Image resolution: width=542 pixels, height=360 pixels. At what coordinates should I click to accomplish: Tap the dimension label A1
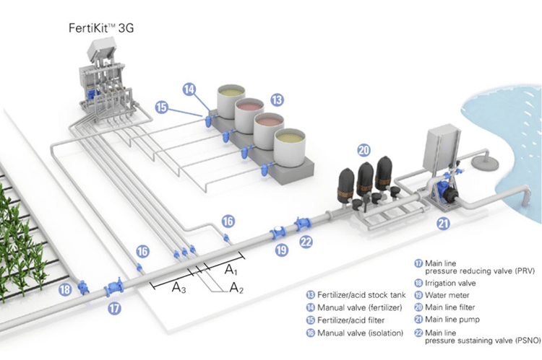tap(231, 271)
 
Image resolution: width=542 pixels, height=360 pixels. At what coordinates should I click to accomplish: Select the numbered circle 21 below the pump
tap(443, 224)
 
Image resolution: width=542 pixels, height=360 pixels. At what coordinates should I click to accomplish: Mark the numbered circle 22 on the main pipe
tap(306, 242)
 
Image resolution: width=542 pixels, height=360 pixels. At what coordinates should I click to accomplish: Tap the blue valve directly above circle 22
tap(302, 225)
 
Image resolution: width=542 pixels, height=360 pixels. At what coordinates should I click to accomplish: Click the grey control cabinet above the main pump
tap(446, 149)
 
